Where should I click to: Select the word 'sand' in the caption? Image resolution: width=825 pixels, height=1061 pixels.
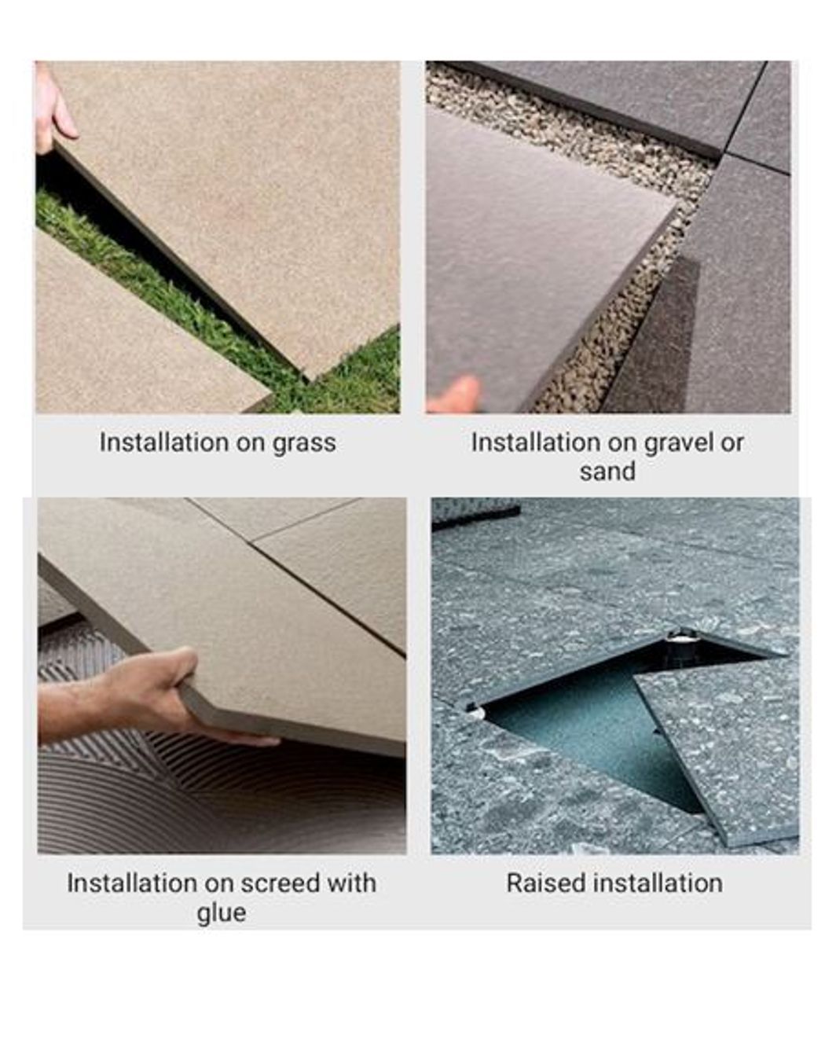(x=607, y=472)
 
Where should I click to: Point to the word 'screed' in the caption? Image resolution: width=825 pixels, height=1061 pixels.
(x=280, y=883)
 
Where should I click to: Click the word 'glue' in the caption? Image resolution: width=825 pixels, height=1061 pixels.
(x=221, y=912)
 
